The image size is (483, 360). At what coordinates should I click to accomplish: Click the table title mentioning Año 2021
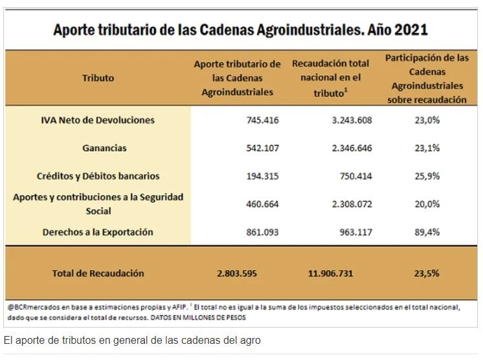[240, 30]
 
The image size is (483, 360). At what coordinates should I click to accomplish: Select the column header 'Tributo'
[98, 78]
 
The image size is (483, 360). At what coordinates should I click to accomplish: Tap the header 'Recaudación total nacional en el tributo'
[330, 78]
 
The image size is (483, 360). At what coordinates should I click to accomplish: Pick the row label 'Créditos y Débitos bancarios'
[98, 176]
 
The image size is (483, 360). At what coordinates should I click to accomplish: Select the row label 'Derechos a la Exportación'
[98, 232]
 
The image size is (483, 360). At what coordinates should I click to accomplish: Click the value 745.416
[263, 120]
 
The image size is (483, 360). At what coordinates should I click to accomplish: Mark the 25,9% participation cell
[427, 176]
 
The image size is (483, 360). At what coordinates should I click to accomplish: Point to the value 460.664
[263, 204]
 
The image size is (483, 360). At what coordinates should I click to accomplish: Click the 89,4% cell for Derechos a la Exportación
[427, 232]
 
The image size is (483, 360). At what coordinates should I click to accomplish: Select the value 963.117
[355, 232]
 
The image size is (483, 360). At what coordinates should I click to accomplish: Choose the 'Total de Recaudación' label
[98, 273]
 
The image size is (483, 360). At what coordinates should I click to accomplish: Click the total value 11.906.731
[330, 273]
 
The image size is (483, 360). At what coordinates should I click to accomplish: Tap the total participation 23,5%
[427, 273]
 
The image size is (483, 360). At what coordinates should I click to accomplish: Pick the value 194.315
[263, 176]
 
